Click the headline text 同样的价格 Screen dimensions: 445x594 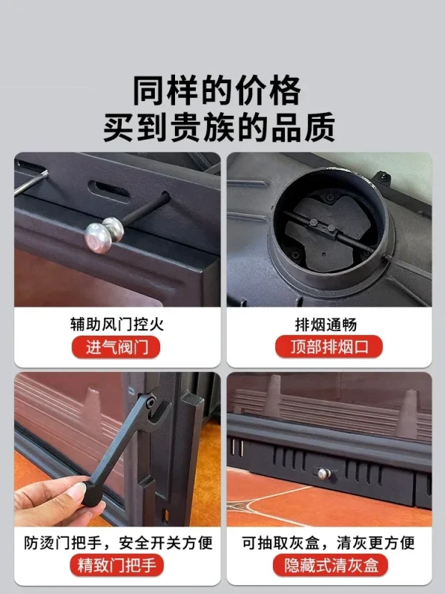[x=217, y=91]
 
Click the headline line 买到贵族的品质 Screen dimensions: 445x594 [x=219, y=127]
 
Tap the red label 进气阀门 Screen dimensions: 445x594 [x=116, y=347]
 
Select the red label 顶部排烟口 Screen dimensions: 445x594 [x=329, y=347]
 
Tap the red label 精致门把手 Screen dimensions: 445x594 [x=116, y=565]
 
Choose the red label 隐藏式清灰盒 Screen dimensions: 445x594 [x=330, y=565]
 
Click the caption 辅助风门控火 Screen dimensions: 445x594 [x=117, y=324]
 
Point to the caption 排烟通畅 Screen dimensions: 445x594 [x=326, y=324]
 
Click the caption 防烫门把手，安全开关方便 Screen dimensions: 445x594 [x=118, y=543]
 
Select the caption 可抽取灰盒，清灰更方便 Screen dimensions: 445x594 [x=329, y=543]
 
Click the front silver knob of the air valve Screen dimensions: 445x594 [x=98, y=238]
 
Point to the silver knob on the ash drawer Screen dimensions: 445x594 [x=324, y=474]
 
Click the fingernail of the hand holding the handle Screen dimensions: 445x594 [x=77, y=492]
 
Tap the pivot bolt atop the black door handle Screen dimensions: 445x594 [x=151, y=402]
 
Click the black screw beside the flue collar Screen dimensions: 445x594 [x=383, y=176]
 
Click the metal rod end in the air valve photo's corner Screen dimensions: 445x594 [x=31, y=182]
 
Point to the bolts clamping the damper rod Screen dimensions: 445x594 [x=323, y=225]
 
